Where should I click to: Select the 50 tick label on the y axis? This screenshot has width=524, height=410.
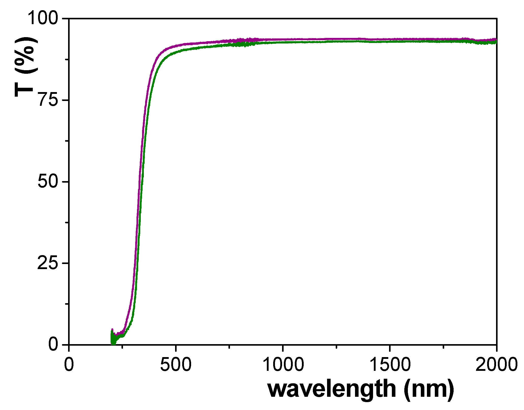pyautogui.click(x=48, y=181)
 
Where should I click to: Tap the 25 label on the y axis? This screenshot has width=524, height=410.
pyautogui.click(x=48, y=263)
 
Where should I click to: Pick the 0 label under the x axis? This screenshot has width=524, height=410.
pyautogui.click(x=69, y=364)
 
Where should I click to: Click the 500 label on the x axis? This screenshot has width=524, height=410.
pyautogui.click(x=176, y=364)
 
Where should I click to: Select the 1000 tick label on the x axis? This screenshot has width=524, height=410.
pyautogui.click(x=283, y=364)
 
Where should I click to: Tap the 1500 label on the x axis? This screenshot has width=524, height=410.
pyautogui.click(x=390, y=364)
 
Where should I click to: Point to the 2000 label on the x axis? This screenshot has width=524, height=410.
pyautogui.click(x=496, y=364)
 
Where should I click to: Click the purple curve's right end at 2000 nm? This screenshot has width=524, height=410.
pyautogui.click(x=496, y=40)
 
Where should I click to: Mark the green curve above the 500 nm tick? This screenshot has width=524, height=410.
pyautogui.click(x=176, y=52)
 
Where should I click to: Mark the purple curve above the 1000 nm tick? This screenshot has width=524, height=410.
pyautogui.click(x=283, y=39)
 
